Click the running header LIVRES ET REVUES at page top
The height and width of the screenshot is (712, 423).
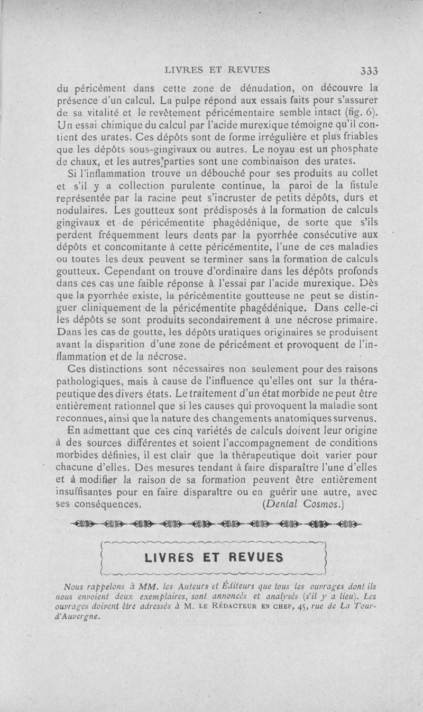tap(217, 69)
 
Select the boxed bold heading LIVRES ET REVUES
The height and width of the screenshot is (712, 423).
tap(214, 557)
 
